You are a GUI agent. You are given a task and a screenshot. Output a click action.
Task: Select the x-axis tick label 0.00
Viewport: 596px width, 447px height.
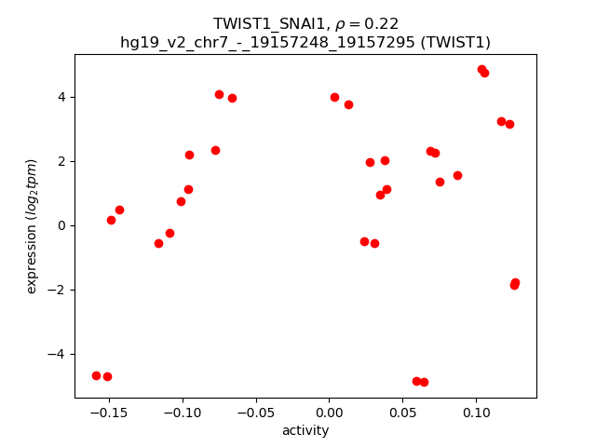tap(329, 413)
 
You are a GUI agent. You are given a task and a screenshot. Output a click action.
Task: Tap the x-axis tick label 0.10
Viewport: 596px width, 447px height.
tap(476, 413)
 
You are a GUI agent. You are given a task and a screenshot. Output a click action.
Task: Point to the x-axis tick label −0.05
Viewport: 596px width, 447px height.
tap(255, 413)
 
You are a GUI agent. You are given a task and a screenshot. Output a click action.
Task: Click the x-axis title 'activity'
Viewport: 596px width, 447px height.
tap(305, 430)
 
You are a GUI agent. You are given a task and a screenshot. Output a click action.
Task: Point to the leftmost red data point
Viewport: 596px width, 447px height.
tap(96, 375)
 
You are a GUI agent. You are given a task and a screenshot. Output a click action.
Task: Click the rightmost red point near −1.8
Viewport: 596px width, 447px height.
tap(515, 282)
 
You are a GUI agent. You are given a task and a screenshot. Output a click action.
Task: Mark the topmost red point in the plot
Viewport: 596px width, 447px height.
tap(481, 69)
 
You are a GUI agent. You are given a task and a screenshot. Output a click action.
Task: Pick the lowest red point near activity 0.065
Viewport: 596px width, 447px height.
tap(424, 382)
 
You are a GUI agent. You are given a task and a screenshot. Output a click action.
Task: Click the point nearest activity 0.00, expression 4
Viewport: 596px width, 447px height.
tap(334, 97)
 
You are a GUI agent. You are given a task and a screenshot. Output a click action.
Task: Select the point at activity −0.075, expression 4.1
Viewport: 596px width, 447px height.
tap(219, 94)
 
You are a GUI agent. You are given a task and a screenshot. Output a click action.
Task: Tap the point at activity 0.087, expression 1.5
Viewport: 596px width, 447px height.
tap(457, 175)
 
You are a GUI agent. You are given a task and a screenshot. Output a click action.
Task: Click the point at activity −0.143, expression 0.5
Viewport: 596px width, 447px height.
tap(119, 210)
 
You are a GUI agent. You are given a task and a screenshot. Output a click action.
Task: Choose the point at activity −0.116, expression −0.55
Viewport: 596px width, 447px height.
tap(158, 243)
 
